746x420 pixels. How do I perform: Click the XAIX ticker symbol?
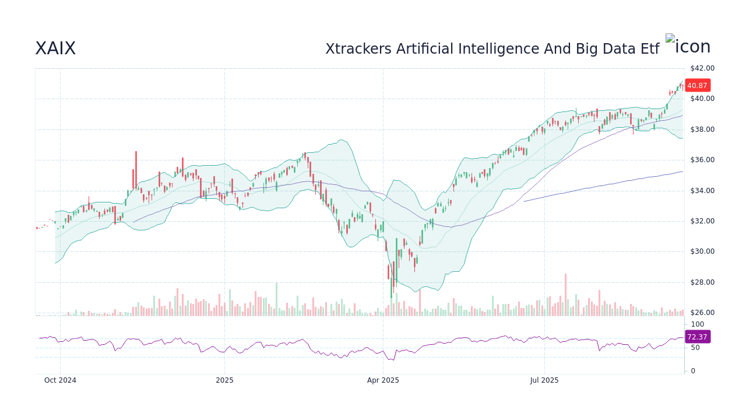pos(55,48)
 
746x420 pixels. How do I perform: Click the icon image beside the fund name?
pos(688,46)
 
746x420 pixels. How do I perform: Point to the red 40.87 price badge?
pos(697,86)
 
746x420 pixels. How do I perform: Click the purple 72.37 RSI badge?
pos(697,337)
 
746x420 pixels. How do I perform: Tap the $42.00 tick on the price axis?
pos(702,68)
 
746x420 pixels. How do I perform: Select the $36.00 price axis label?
pos(702,160)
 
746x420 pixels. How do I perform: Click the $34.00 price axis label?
pos(702,191)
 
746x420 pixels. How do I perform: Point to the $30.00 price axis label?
pos(702,251)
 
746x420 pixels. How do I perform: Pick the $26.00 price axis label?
pos(702,313)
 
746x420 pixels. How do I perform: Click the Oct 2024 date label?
pos(60,380)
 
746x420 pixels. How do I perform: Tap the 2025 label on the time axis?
pos(224,380)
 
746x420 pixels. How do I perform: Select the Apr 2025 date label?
pos(383,380)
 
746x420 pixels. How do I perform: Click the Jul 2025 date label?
pos(544,380)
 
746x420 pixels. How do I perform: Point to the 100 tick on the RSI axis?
pos(698,324)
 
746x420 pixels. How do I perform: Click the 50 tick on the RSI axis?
pos(696,348)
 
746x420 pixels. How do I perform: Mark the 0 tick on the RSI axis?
pos(693,371)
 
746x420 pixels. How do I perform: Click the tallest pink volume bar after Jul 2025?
pos(565,295)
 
